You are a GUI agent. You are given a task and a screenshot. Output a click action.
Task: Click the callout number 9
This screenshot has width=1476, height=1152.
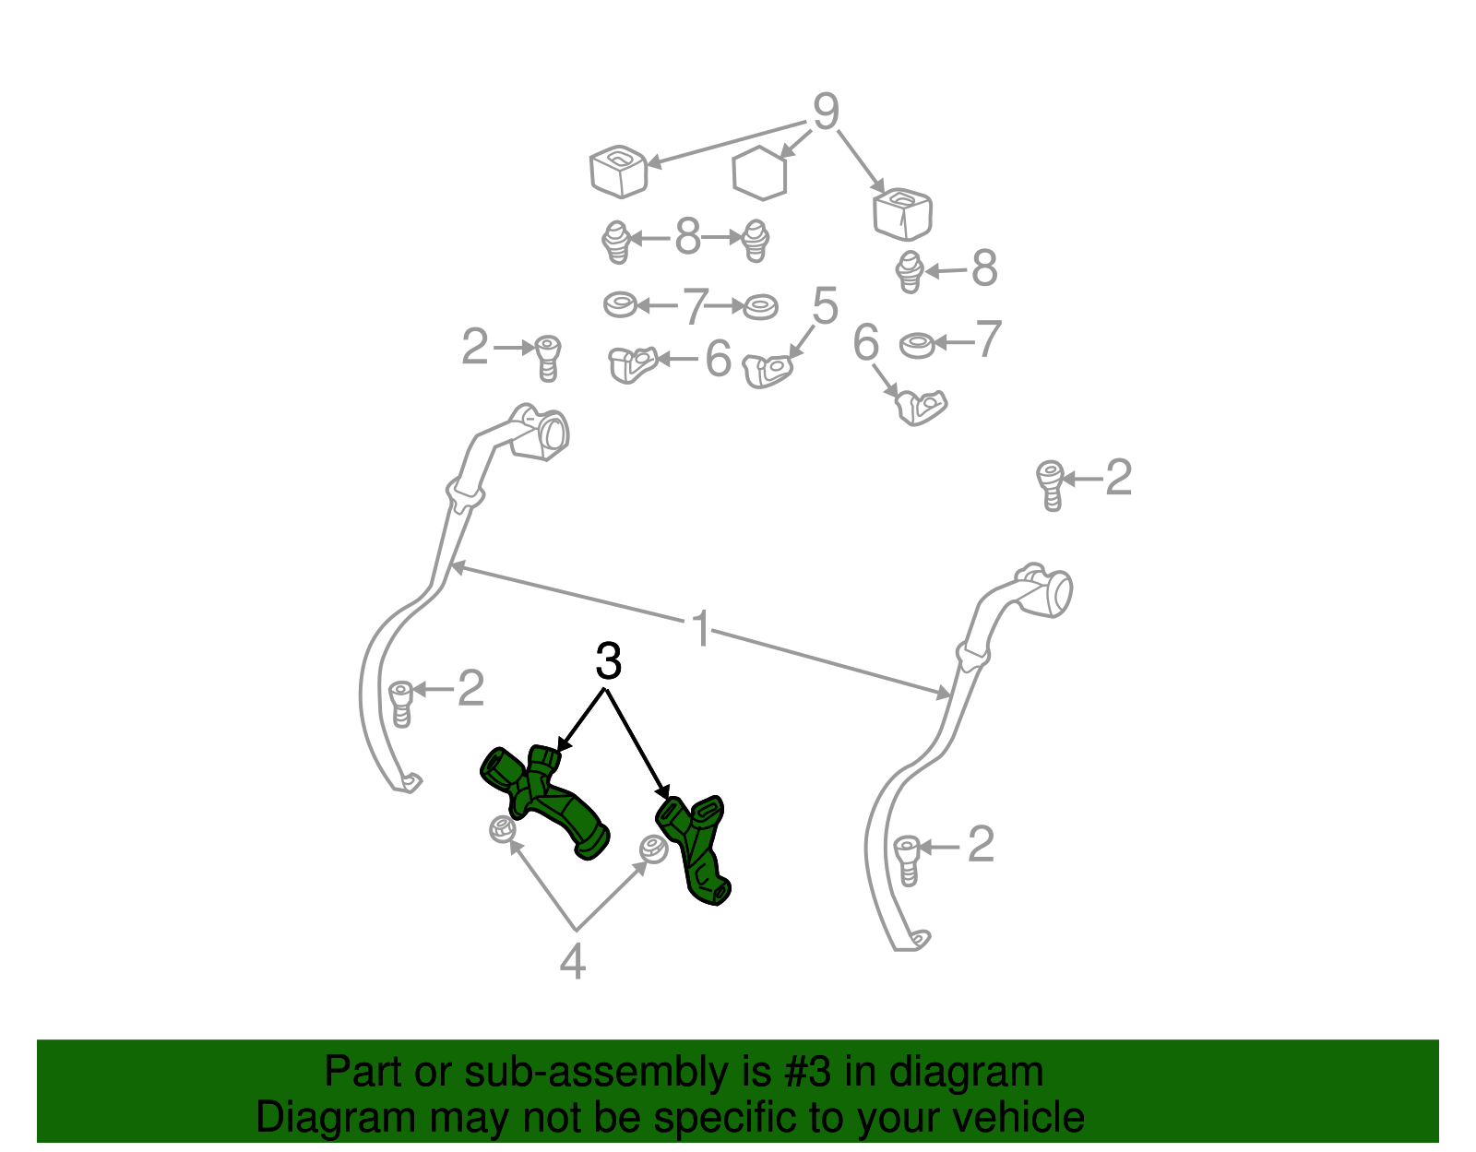[x=826, y=112]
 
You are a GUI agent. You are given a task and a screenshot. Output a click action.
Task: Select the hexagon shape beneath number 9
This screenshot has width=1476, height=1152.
[x=759, y=172]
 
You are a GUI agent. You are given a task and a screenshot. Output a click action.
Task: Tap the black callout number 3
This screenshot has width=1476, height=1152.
[x=608, y=661]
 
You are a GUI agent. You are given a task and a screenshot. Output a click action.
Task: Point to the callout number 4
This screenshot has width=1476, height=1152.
[x=573, y=961]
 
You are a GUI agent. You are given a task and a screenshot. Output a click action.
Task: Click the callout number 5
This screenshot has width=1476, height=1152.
[x=826, y=305]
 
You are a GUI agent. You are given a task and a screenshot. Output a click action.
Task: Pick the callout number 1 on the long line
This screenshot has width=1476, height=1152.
[x=701, y=628]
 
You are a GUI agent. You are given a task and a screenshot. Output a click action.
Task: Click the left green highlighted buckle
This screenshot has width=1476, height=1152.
[x=544, y=801]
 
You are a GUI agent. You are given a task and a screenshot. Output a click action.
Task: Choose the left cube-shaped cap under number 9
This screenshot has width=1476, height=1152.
[x=618, y=171]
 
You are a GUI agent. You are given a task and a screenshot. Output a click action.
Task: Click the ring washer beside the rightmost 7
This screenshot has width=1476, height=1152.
[x=916, y=346]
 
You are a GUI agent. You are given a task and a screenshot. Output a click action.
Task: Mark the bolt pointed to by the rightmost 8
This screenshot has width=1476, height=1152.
[x=910, y=271]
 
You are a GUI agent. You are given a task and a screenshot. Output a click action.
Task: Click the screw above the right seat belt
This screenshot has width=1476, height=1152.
[x=1050, y=485]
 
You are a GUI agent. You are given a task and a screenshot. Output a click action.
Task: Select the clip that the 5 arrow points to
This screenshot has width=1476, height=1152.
[x=768, y=371]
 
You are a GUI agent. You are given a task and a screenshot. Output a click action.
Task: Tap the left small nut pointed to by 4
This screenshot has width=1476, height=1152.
[x=503, y=829]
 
